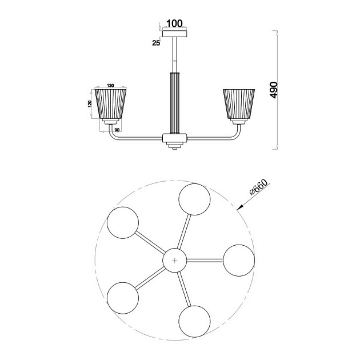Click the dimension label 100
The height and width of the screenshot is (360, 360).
click(174, 23)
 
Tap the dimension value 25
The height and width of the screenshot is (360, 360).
click(156, 43)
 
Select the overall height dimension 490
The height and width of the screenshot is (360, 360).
click(274, 90)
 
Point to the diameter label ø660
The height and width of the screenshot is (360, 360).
click(258, 187)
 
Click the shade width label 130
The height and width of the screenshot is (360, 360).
click(110, 86)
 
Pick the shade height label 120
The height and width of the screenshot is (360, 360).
click(90, 103)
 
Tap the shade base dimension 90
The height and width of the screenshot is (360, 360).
click(117, 130)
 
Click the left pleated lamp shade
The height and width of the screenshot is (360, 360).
click(110, 104)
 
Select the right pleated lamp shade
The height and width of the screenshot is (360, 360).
click(239, 104)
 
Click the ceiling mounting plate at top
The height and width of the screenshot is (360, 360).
click(174, 34)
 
